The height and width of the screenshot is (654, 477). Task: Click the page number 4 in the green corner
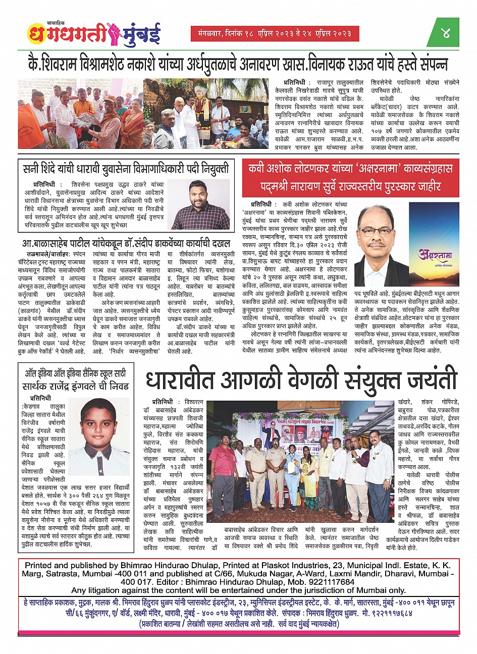(446, 34)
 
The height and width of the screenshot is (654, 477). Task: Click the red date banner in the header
(275, 34)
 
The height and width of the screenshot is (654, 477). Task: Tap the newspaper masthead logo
(94, 34)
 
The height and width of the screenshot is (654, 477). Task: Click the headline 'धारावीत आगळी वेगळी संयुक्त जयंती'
(301, 380)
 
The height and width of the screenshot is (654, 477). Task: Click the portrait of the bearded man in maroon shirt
(200, 204)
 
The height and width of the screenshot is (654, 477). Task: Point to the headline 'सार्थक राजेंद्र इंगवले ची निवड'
(76, 387)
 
